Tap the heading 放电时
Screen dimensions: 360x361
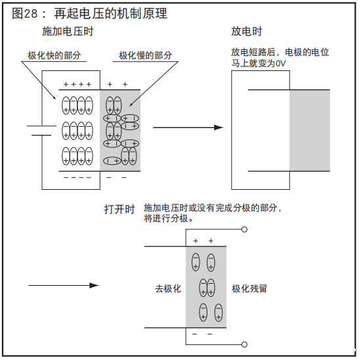click(246, 32)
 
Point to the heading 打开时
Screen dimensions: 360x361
click(119, 210)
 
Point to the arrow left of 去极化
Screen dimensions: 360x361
click(63, 285)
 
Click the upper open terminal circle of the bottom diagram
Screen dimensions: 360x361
click(245, 229)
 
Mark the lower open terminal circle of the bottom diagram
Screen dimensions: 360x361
click(245, 344)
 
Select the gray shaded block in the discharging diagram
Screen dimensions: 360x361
click(309, 130)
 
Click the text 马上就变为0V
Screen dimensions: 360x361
click(258, 63)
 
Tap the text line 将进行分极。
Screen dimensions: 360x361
click(169, 218)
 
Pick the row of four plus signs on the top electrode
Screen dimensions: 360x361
click(77, 84)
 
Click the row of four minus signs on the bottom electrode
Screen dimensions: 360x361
click(77, 177)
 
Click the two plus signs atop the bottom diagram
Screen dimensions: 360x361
click(203, 241)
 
